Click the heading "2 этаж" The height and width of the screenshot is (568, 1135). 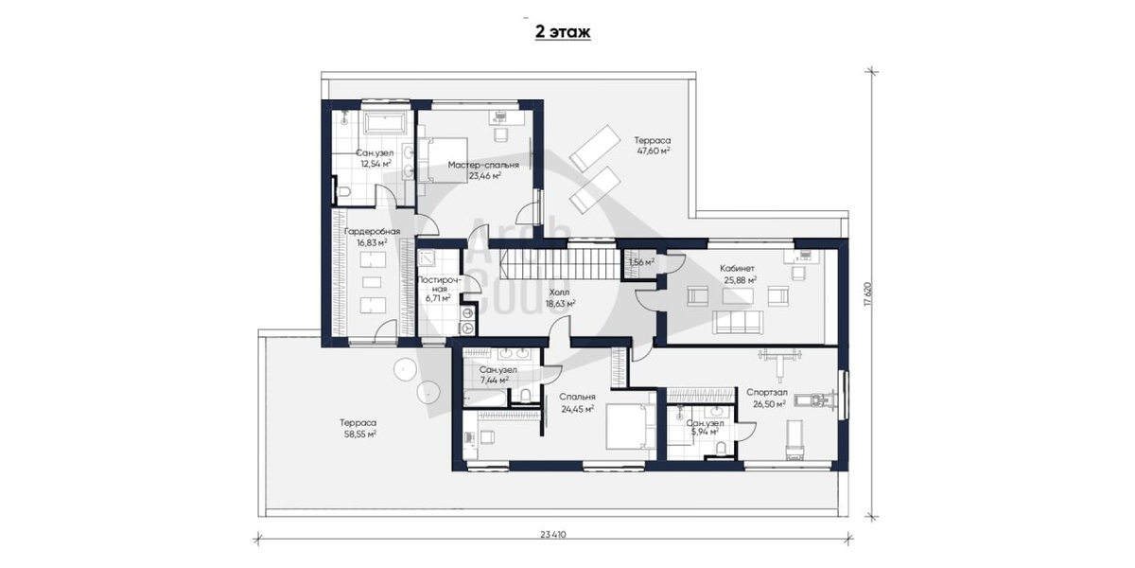(x=563, y=32)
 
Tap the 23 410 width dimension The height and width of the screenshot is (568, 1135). (x=552, y=535)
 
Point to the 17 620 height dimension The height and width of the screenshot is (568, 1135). (x=868, y=294)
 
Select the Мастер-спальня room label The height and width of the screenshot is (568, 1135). (x=483, y=165)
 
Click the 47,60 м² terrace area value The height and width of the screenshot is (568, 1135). (x=654, y=151)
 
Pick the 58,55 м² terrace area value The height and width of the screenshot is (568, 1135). (x=358, y=435)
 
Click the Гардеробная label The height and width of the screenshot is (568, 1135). (x=372, y=231)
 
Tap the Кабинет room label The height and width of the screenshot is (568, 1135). (x=737, y=268)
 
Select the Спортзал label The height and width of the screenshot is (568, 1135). (x=767, y=393)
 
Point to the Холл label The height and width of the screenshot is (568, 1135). (x=559, y=293)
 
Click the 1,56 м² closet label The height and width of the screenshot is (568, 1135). (x=641, y=262)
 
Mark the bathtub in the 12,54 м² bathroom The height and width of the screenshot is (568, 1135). (x=386, y=123)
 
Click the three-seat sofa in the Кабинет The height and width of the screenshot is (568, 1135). (x=737, y=323)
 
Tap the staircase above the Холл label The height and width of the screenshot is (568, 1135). (x=562, y=263)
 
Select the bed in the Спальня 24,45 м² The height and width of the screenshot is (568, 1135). (x=631, y=427)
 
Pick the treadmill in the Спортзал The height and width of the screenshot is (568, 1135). (x=813, y=401)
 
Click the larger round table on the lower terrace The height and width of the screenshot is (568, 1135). (x=406, y=369)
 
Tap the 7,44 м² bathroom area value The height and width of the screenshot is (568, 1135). (x=494, y=380)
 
